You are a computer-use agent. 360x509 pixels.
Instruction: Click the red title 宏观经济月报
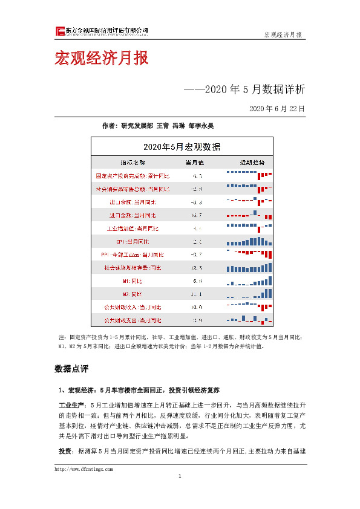[101, 59]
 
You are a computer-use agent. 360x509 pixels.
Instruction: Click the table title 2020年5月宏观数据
[182, 147]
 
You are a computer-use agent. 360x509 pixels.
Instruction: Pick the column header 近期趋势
[248, 163]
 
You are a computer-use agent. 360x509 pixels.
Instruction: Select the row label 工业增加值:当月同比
[133, 229]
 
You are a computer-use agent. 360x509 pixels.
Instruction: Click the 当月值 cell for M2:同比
[196, 294]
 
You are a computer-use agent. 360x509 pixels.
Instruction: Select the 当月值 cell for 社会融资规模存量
[196, 268]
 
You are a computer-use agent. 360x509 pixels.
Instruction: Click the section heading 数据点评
[71, 368]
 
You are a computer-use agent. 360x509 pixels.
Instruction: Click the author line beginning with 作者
[157, 126]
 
